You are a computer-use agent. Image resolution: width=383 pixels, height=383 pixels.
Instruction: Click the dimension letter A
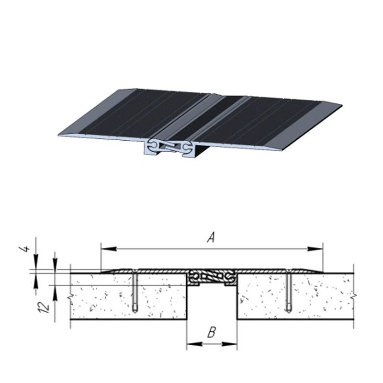click(211, 237)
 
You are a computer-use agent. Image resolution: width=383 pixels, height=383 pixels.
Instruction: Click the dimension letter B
click(212, 332)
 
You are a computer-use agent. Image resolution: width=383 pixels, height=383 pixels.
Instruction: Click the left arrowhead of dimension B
click(195, 344)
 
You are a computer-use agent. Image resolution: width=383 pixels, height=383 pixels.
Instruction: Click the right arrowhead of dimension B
click(229, 344)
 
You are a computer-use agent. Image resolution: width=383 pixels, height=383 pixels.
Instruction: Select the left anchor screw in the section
click(135, 292)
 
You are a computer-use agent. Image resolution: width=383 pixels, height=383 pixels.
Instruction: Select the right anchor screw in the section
click(289, 292)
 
